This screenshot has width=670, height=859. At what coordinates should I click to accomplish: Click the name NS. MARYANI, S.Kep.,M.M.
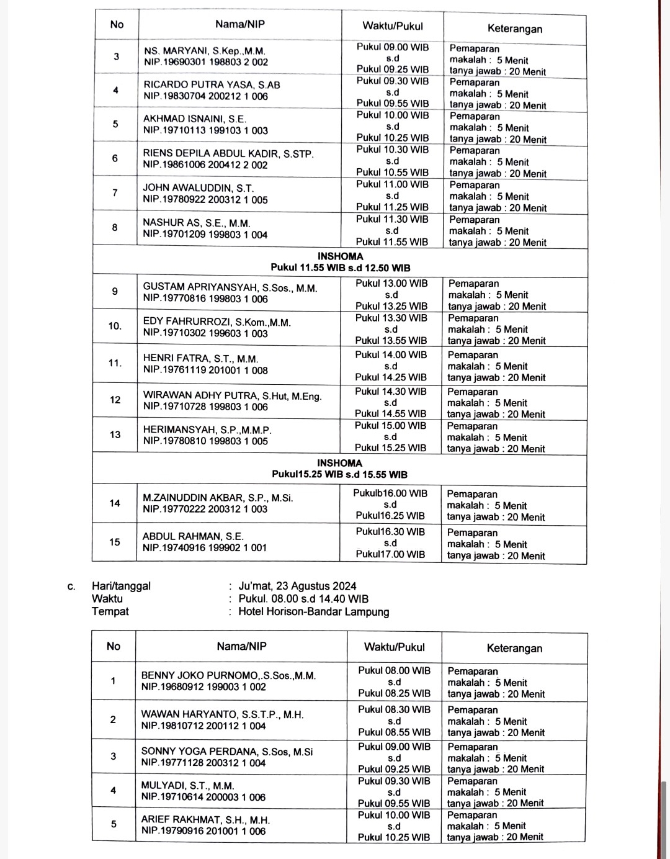click(204, 51)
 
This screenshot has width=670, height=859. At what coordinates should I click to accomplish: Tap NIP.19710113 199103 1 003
click(205, 130)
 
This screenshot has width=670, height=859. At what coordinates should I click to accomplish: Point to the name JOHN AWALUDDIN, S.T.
click(198, 188)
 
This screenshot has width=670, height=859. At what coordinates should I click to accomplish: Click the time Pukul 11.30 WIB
click(392, 219)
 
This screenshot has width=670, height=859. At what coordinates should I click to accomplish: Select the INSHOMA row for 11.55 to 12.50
click(340, 262)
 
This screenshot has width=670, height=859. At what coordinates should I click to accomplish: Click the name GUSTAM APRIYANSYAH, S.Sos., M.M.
click(230, 287)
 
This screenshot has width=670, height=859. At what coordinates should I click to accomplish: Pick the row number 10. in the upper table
click(115, 326)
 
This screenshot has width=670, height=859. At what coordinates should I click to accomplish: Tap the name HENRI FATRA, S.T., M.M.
click(200, 359)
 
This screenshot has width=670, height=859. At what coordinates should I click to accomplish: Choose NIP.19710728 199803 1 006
click(205, 407)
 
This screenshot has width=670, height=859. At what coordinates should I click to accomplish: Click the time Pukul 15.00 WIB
click(391, 426)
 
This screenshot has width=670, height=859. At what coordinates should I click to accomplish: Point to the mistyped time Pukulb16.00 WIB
click(390, 493)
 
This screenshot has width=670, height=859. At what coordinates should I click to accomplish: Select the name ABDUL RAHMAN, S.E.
click(193, 536)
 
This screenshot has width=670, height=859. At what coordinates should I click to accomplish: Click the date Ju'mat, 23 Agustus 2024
click(297, 586)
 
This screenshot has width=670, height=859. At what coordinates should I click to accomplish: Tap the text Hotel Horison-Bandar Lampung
click(314, 611)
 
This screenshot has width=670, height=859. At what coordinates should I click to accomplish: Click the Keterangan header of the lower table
click(514, 648)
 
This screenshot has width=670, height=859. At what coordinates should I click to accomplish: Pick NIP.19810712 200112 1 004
click(203, 726)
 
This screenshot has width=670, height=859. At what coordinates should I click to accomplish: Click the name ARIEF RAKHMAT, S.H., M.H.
click(205, 819)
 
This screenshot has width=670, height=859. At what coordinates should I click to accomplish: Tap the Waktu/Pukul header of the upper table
click(393, 26)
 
